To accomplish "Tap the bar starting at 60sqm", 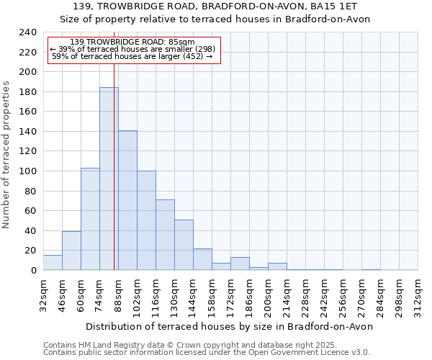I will pos(90,219).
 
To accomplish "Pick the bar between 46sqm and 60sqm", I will pos(71,251).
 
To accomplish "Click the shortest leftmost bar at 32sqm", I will pos(53,263).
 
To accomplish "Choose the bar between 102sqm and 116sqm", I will pos(146,220).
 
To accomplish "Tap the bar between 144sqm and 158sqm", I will pos(202,259).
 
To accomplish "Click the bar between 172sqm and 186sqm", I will pos(240,264).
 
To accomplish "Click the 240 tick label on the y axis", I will pos(27,32).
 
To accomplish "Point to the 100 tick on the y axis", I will pos(27,171).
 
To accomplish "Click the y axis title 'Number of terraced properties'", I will pos(6,154).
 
